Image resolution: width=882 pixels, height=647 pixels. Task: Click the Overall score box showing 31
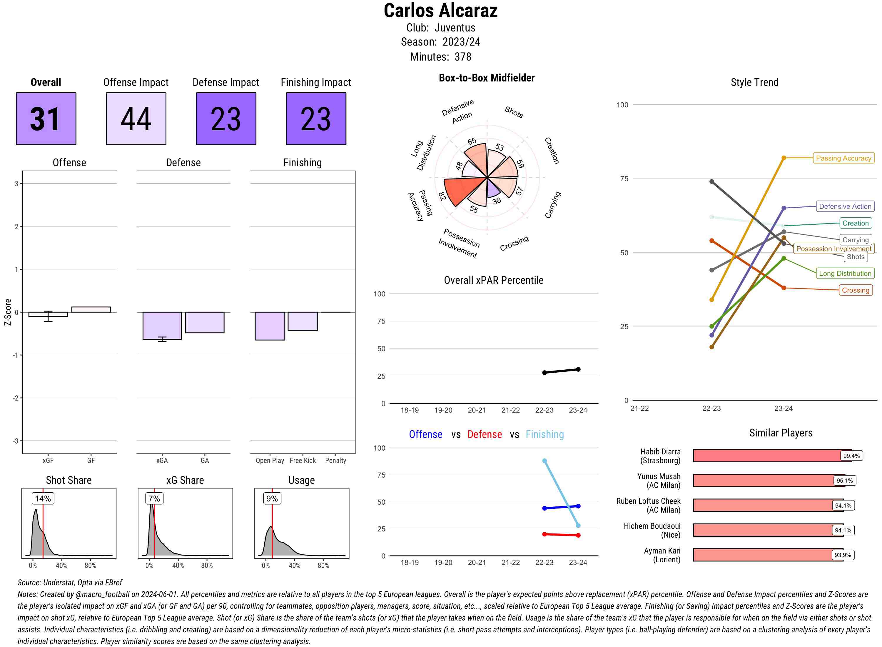pyautogui.click(x=46, y=119)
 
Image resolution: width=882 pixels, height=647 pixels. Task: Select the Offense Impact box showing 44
pyautogui.click(x=136, y=119)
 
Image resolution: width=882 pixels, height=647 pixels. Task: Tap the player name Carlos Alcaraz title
pyautogui.click(x=440, y=11)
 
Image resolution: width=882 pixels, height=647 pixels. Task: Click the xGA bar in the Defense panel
pyautogui.click(x=162, y=326)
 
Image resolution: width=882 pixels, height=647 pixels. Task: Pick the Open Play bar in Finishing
pyautogui.click(x=270, y=326)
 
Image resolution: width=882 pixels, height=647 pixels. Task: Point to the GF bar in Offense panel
pyautogui.click(x=91, y=309)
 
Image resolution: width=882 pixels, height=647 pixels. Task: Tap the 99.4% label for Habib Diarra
pyautogui.click(x=851, y=456)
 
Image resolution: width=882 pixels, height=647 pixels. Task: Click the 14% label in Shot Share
pyautogui.click(x=43, y=498)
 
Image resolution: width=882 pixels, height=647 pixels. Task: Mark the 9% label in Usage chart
pyautogui.click(x=272, y=498)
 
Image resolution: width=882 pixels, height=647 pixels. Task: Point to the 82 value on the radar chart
pyautogui.click(x=442, y=196)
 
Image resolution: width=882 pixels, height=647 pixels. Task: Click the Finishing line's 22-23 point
pyautogui.click(x=544, y=461)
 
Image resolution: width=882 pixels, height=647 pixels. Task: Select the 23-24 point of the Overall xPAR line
pyautogui.click(x=578, y=369)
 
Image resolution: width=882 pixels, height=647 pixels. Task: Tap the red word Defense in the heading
pyautogui.click(x=485, y=434)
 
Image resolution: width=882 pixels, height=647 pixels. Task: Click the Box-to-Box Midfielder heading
pyautogui.click(x=487, y=78)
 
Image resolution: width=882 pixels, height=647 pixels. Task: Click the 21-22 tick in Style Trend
pyautogui.click(x=639, y=408)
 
